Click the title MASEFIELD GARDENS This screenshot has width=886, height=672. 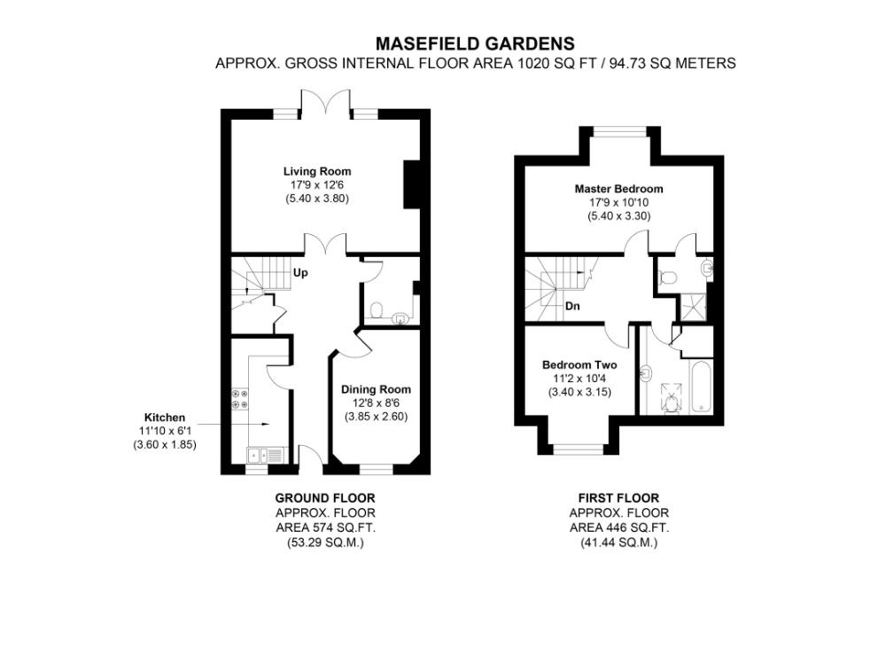coord(475,43)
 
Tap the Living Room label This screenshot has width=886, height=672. coord(317,171)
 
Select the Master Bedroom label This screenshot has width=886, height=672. coord(618,189)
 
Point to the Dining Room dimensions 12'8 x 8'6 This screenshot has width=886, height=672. coord(376,402)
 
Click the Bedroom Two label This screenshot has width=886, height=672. coord(579,365)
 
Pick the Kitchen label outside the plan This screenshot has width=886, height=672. coord(165,418)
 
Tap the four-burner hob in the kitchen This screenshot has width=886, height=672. coord(239,398)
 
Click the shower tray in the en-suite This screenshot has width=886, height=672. coord(691,308)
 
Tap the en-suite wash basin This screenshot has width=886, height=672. coord(707,268)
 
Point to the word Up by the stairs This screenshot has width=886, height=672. coord(300,273)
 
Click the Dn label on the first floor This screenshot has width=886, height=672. coord(572,307)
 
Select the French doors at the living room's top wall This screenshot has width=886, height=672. coord(326,103)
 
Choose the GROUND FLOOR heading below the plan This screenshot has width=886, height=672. coord(324,498)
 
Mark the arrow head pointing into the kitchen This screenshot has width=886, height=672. coord(263,424)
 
